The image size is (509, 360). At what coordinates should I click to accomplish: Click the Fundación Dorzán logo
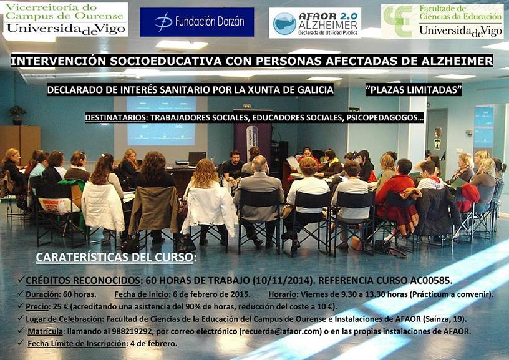[x=196, y=22]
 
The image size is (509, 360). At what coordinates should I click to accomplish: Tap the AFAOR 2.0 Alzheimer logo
[x=315, y=23]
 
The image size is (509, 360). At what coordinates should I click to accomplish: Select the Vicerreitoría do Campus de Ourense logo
[x=65, y=20]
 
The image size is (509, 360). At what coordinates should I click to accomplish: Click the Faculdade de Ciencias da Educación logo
[x=442, y=21]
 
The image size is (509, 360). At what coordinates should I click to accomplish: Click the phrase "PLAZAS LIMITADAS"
[x=414, y=90]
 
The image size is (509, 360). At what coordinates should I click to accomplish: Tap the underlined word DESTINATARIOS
[x=115, y=117]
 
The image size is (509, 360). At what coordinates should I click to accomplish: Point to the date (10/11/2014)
[x=283, y=280]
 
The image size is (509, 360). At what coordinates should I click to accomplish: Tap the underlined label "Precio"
[x=37, y=306]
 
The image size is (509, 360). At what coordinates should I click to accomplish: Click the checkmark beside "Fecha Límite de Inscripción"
[x=21, y=343]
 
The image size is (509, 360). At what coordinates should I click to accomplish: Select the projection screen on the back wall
[x=162, y=121]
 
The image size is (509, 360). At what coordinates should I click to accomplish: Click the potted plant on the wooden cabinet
[x=17, y=115]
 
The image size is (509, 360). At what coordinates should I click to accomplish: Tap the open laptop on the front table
[x=196, y=158]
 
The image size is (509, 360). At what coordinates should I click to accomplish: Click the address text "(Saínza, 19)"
[x=445, y=319]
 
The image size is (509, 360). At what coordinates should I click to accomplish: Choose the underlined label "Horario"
[x=283, y=294]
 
